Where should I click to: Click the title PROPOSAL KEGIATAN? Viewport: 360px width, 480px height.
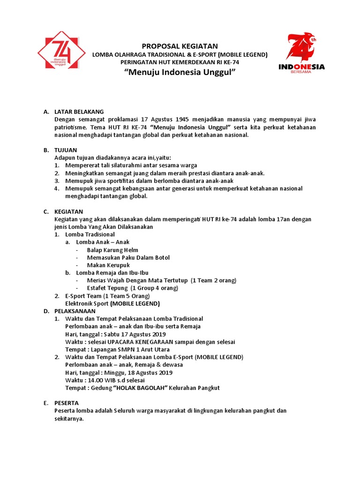[x=180, y=46]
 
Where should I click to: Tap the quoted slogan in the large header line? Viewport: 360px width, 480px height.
[x=180, y=73]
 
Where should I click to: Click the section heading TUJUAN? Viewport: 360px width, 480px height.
[x=65, y=150]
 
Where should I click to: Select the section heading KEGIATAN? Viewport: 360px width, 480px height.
[x=68, y=211]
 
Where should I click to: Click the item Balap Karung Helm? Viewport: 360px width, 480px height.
[x=112, y=250]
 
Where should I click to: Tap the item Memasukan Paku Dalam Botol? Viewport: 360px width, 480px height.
[x=128, y=257]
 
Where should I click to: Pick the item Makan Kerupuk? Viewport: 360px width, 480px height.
[x=108, y=265]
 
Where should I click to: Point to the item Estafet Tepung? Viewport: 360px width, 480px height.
[x=107, y=288]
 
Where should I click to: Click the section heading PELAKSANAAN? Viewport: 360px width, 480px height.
[x=75, y=311]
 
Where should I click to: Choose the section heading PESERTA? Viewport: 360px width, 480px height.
[x=67, y=403]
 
